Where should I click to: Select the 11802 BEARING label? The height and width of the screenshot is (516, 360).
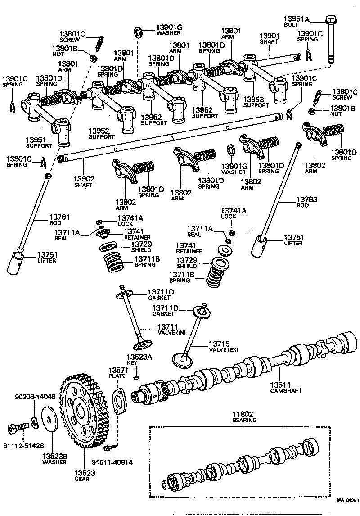tap(244, 416)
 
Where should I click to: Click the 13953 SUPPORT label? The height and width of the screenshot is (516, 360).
tap(256, 101)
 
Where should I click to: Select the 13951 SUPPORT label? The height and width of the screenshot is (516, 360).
tap(38, 142)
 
